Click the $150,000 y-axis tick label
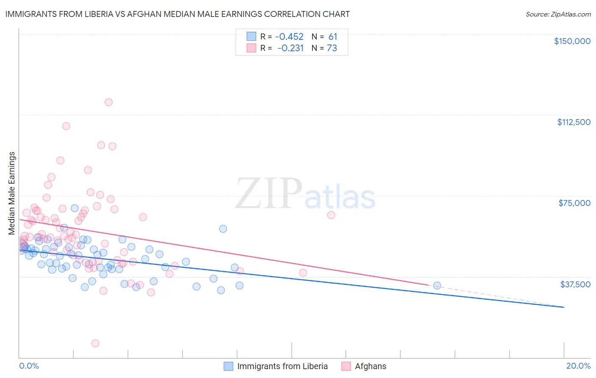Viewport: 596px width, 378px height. tap(572, 41)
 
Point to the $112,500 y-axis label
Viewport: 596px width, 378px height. tap(574, 122)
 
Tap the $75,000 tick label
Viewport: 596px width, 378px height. tap(574, 203)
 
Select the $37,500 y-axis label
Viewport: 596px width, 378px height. tap(575, 284)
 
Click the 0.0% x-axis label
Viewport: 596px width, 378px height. tap(29, 366)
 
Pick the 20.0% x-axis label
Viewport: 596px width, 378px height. tap(578, 366)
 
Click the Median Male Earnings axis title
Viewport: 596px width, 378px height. tap(12, 193)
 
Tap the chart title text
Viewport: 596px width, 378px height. tap(178, 14)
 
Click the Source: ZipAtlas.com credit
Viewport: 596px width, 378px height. tap(558, 14)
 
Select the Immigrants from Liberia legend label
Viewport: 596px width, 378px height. tap(282, 366)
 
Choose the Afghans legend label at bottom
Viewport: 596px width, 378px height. tap(370, 366)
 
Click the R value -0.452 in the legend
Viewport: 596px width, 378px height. tap(289, 37)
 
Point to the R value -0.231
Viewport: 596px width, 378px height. tap(290, 48)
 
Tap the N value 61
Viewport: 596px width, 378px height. tap(333, 37)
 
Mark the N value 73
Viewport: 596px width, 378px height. tap(332, 48)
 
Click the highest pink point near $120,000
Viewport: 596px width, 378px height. tap(109, 102)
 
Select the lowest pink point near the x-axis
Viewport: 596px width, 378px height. tap(95, 343)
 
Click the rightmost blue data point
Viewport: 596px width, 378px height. tap(437, 286)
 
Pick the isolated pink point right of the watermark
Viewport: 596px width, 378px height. tap(331, 215)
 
